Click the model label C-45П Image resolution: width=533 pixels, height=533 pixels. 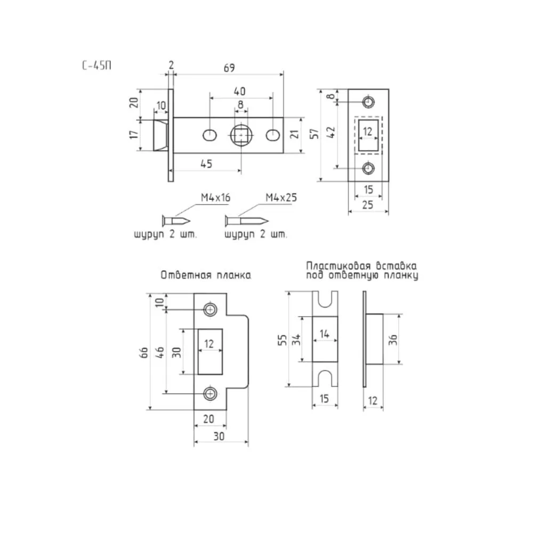(96, 65)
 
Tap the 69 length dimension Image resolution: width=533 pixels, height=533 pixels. (229, 68)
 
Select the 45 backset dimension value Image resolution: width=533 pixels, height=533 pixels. (206, 164)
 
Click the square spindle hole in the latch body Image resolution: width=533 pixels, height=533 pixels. (241, 135)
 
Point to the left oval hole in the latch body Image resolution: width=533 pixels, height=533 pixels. (209, 135)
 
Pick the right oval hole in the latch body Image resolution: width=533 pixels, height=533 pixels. (272, 135)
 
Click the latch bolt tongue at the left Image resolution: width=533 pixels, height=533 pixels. (161, 135)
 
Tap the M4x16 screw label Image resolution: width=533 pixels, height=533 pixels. (215, 198)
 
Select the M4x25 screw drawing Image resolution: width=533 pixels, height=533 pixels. (246, 221)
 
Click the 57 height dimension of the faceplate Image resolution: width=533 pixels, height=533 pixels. (315, 134)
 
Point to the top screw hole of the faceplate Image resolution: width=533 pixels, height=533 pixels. (368, 102)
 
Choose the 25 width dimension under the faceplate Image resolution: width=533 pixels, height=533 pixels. (368, 205)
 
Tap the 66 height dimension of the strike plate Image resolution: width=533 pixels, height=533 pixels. (144, 352)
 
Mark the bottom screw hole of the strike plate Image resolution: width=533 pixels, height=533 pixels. (211, 394)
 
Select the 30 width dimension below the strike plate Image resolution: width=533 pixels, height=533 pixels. (219, 437)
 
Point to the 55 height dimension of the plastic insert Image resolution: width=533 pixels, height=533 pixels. (282, 340)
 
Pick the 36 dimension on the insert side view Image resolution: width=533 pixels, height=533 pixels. (393, 339)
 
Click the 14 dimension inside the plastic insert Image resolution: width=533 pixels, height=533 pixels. (325, 334)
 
